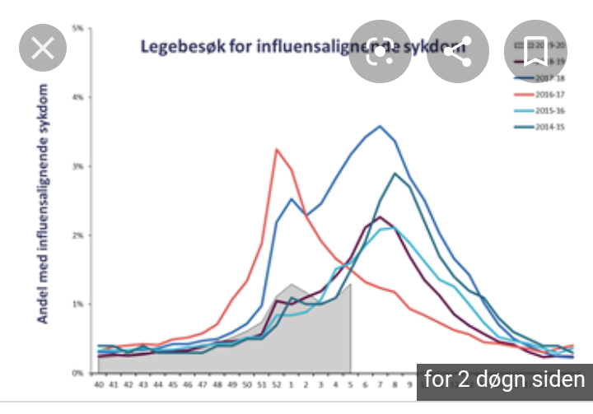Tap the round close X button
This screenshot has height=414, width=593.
click(42, 49)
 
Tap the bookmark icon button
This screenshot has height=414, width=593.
click(536, 49)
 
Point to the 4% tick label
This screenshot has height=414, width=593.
click(79, 98)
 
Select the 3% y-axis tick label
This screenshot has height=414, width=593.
click(79, 166)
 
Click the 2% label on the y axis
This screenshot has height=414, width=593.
click(79, 235)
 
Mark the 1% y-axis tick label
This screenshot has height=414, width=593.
click(79, 305)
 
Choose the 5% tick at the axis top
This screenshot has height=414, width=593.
click(79, 29)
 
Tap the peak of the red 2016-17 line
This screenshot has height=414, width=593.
click(277, 149)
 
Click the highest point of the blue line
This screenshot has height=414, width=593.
click(380, 126)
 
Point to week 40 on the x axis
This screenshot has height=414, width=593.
click(99, 384)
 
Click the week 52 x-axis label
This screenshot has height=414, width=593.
click(277, 384)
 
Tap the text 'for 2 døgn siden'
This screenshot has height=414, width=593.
click(504, 380)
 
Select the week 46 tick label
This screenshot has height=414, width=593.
click(188, 384)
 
